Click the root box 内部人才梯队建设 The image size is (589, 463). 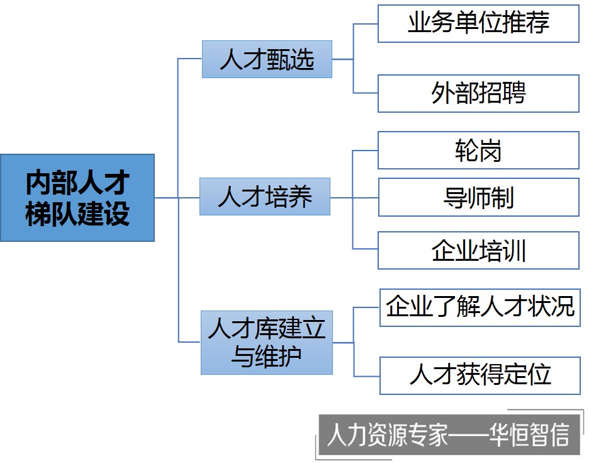(77, 198)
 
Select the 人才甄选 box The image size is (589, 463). (267, 59)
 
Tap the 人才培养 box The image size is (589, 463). (265, 197)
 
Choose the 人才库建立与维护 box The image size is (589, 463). (267, 343)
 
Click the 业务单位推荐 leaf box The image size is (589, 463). (478, 24)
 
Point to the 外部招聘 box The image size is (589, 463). (478, 93)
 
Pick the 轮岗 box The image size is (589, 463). (478, 151)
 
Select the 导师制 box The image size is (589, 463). (478, 197)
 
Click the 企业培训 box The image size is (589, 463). (478, 250)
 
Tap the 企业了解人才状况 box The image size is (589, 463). (480, 307)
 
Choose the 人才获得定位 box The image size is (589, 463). (480, 375)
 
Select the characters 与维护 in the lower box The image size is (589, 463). (267, 357)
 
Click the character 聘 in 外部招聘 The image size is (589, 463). (513, 93)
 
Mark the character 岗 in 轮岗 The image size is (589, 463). (490, 151)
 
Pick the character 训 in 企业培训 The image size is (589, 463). (514, 251)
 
